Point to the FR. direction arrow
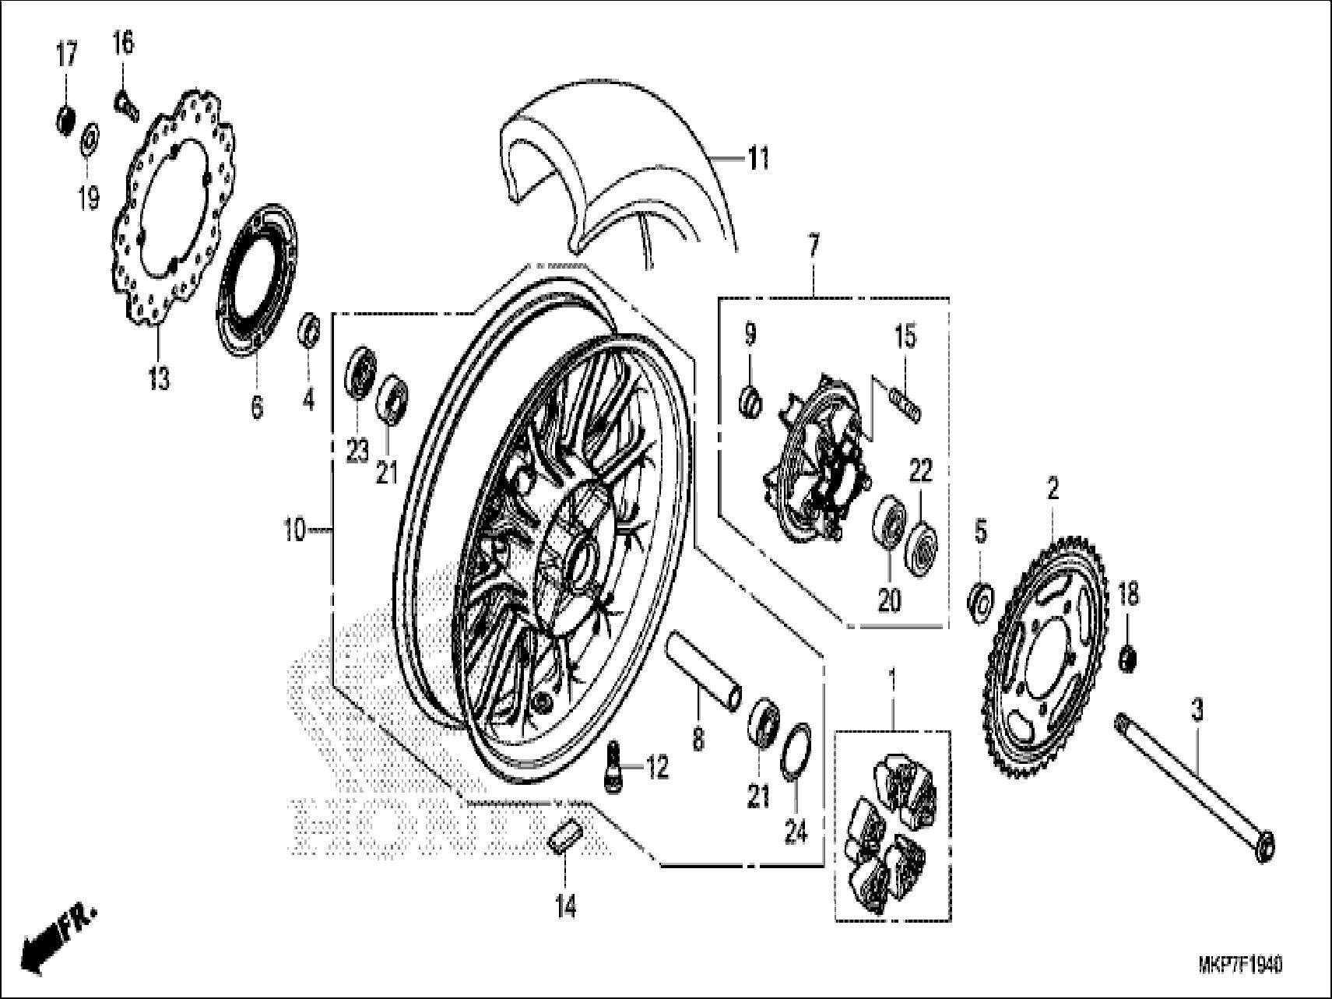[58, 938]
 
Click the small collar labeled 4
[309, 331]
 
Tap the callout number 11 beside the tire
[757, 158]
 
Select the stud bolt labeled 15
[906, 407]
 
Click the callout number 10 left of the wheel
[295, 532]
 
